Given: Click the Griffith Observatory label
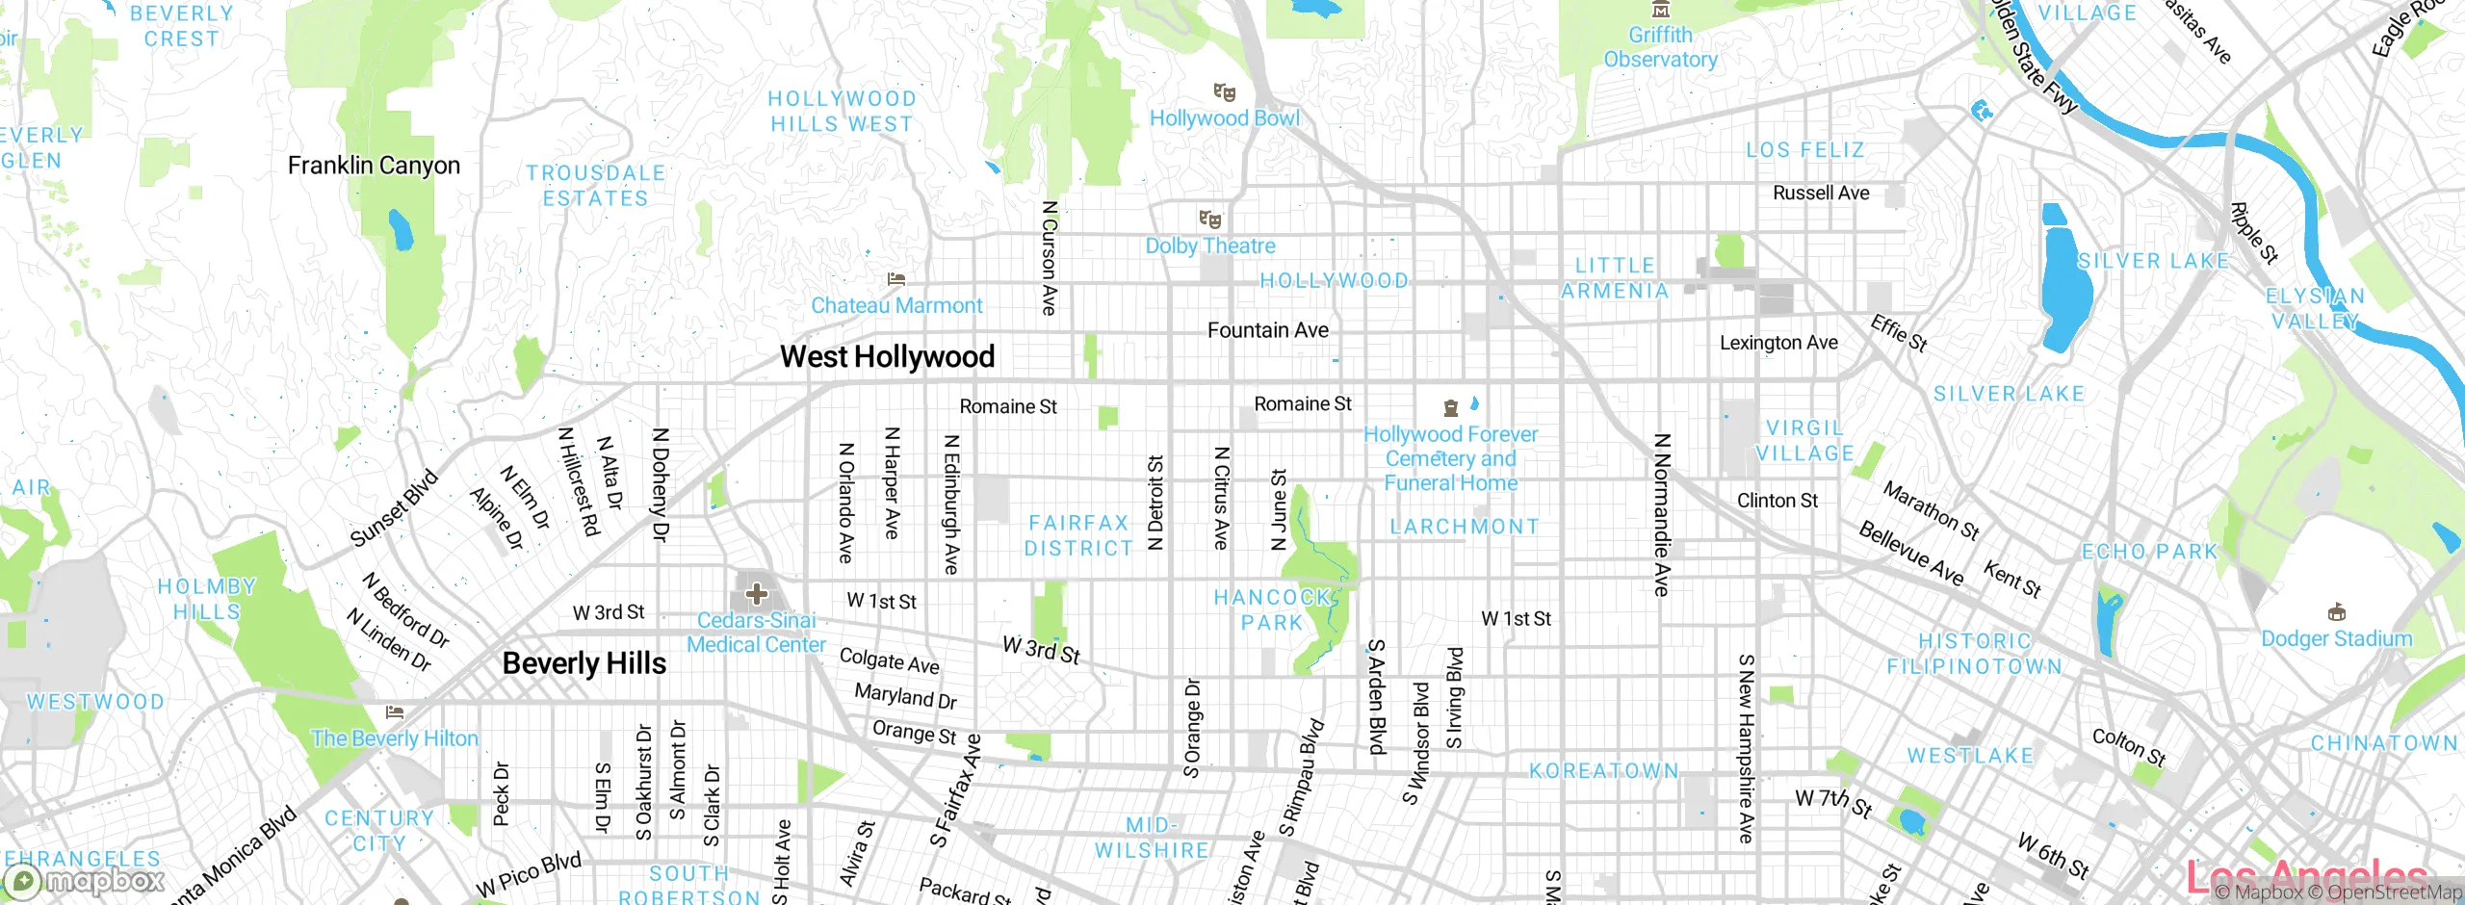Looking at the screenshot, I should click(x=1660, y=47).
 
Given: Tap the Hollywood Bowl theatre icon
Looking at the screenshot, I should click(x=1225, y=92).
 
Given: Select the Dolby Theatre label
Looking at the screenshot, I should click(x=1210, y=246).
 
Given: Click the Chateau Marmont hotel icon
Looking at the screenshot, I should click(x=896, y=279).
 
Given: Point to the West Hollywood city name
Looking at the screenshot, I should click(x=887, y=357).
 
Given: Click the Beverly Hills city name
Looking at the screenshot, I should click(x=584, y=663).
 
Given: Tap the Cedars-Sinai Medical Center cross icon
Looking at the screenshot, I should click(x=757, y=594).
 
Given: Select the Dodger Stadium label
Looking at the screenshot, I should click(x=2336, y=639).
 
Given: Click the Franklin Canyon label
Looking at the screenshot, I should click(x=374, y=166).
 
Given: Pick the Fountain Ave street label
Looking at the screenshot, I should click(x=1267, y=331).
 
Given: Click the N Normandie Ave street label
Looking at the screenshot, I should click(x=1661, y=514).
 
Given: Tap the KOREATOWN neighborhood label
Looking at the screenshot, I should click(x=1603, y=771).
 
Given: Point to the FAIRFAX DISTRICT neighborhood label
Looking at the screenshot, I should click(x=1078, y=535).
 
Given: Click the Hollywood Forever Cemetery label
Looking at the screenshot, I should click(x=1450, y=459).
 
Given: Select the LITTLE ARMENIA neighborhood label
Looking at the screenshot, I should click(x=1615, y=278).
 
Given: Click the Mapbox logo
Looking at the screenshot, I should click(x=85, y=881).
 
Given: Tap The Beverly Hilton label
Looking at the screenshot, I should click(x=395, y=738).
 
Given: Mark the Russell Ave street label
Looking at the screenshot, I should click(x=1821, y=194).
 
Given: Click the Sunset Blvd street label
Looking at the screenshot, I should click(x=394, y=508).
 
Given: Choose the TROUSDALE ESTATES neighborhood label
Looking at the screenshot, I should click(x=595, y=186).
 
